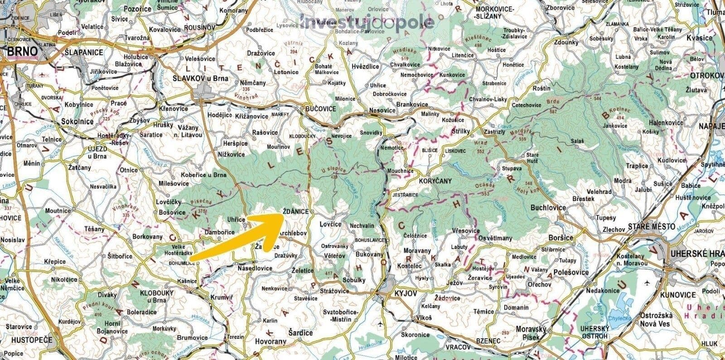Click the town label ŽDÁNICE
[295, 212]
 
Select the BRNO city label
[22, 52]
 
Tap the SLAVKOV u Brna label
[200, 78]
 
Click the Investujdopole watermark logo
[367, 21]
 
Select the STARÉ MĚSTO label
[652, 226]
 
